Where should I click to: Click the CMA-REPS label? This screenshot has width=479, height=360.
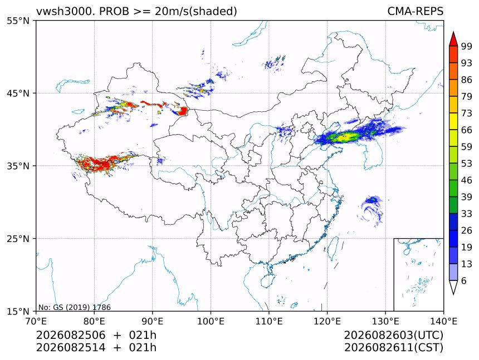click(x=415, y=11)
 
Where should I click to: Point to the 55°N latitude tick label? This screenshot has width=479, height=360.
click(x=18, y=21)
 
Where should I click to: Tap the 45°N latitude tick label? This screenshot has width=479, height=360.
click(x=18, y=93)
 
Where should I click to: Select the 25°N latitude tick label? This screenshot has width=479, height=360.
click(x=18, y=239)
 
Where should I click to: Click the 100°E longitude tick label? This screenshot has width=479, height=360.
click(x=211, y=321)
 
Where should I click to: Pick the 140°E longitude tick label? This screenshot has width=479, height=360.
click(x=443, y=321)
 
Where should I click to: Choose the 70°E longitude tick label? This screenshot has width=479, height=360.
click(x=36, y=321)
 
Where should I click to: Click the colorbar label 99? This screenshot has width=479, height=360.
click(x=467, y=46)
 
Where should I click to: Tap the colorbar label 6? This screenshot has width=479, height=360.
click(x=464, y=280)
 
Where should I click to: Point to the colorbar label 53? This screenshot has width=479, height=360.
click(x=467, y=164)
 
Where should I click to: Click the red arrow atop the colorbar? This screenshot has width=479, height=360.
click(x=453, y=39)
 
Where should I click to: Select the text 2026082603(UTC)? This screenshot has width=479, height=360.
click(x=393, y=335)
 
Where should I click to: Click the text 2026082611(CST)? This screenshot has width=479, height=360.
click(x=393, y=348)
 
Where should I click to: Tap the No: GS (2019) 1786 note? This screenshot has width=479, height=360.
click(x=75, y=307)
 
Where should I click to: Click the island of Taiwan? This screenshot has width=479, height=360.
click(x=333, y=247)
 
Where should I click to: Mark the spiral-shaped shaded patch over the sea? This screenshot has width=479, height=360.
click(x=370, y=210)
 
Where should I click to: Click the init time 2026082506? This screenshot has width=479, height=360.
click(x=71, y=335)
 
